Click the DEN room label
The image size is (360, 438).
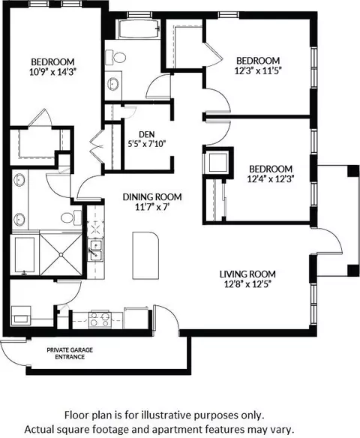click(x=147, y=134)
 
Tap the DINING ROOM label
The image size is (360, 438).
click(x=152, y=197)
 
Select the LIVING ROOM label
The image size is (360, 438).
click(x=247, y=274)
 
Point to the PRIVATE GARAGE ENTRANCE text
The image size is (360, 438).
click(x=70, y=353)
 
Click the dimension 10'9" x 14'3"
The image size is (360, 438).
click(x=52, y=72)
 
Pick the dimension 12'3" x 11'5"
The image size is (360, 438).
click(x=258, y=71)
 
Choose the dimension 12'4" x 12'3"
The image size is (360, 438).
click(x=271, y=178)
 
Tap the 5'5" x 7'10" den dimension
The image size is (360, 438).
click(x=147, y=144)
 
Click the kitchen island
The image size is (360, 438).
click(x=145, y=255)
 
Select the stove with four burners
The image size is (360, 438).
click(x=100, y=319)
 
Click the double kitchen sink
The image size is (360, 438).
click(x=95, y=250)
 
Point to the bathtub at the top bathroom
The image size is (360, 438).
click(x=139, y=29)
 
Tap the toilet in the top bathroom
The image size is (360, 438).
click(x=115, y=58)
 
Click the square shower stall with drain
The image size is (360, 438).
click(x=61, y=254)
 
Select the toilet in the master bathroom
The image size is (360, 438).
click(x=71, y=217)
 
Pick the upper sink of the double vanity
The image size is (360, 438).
click(x=19, y=179)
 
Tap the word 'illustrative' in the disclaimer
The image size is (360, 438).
click(x=165, y=415)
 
